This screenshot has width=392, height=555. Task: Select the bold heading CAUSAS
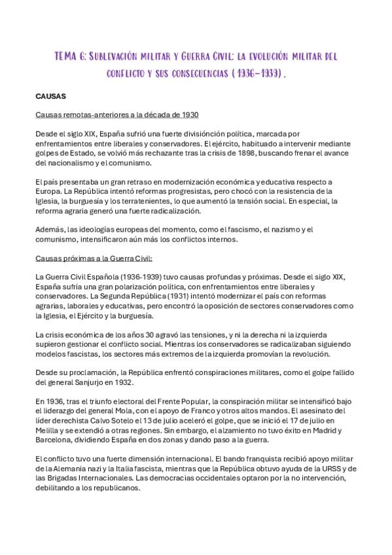[x=50, y=96]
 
